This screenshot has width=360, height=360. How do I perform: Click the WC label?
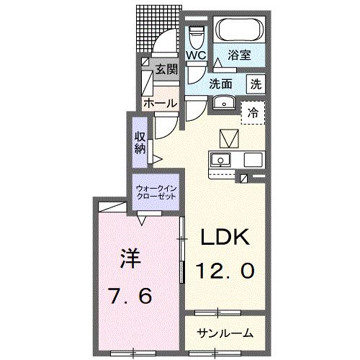[195, 55]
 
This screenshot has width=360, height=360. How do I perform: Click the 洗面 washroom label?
[222, 83]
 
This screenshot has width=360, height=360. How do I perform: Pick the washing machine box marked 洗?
[256, 83]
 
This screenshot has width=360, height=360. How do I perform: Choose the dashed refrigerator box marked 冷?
[253, 112]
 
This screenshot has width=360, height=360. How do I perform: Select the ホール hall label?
[160, 103]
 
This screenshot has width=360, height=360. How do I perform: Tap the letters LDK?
[223, 238]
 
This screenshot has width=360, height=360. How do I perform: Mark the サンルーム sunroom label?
[225, 333]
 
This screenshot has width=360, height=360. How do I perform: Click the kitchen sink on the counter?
[220, 160]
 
